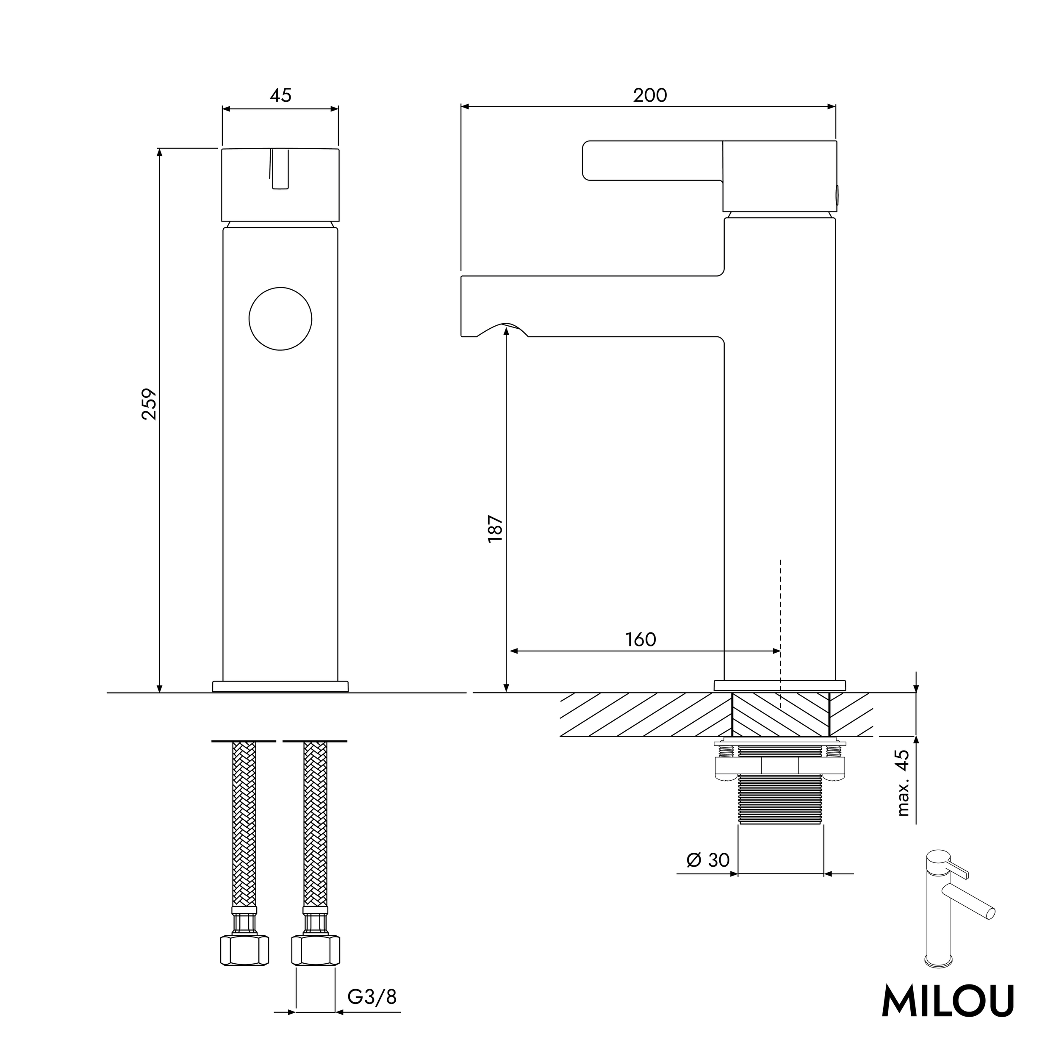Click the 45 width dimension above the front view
280,95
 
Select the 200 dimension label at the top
650,95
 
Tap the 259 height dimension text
149,404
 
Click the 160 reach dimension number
640,639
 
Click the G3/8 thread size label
371,997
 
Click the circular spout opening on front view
280,319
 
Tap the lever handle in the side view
652,161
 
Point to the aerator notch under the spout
503,330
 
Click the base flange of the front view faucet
280,686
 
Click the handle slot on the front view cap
280,169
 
